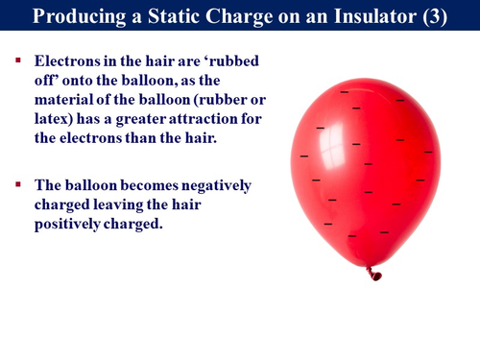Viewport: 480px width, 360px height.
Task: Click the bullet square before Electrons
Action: (x=17, y=60)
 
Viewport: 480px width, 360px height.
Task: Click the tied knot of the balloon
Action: (x=374, y=275)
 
